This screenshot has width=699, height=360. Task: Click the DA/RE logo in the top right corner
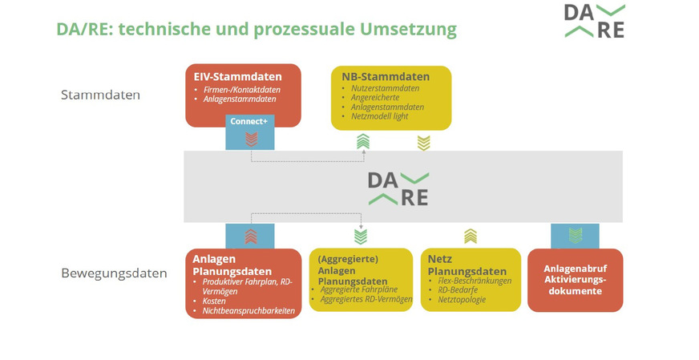click(x=593, y=22)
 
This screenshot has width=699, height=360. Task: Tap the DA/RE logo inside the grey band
click(x=398, y=188)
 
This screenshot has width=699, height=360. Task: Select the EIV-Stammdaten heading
click(x=236, y=76)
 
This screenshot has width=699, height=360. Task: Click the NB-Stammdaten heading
click(x=386, y=76)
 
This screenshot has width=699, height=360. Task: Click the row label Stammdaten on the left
click(x=100, y=95)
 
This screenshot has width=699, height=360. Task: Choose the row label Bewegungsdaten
click(x=114, y=273)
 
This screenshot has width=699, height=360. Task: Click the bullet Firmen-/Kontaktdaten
click(x=237, y=89)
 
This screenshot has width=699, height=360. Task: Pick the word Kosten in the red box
click(x=216, y=301)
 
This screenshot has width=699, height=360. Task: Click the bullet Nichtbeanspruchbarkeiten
click(x=249, y=310)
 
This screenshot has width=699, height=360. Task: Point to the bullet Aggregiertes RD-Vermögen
click(x=366, y=299)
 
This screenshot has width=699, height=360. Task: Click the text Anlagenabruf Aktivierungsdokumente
click(x=574, y=280)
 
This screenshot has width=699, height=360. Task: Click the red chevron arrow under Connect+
click(x=251, y=139)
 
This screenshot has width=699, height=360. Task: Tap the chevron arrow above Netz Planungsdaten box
click(x=471, y=236)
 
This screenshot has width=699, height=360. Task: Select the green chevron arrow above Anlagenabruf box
click(x=575, y=235)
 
